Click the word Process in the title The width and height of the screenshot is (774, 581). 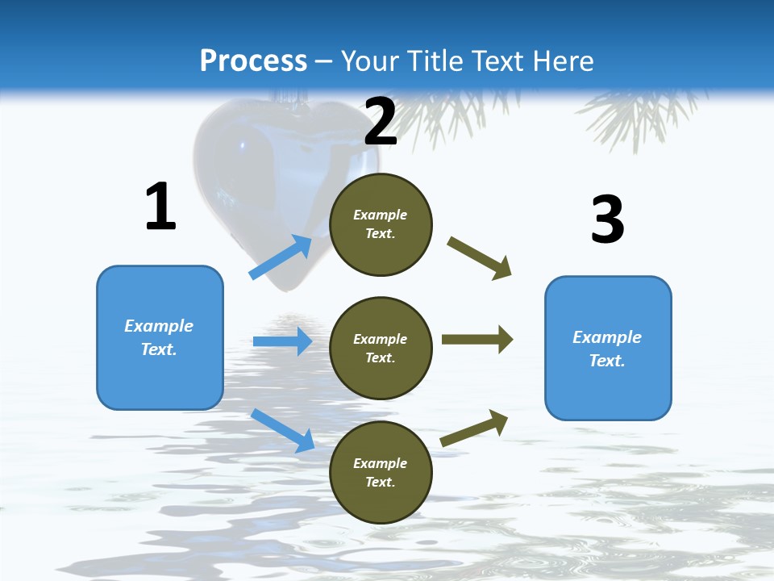click(x=253, y=61)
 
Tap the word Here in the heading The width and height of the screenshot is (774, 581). click(x=558, y=61)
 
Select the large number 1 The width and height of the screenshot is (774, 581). click(x=160, y=207)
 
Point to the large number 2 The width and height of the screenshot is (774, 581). click(x=381, y=122)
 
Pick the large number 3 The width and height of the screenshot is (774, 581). click(x=607, y=220)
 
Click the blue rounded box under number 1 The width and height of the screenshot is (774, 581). click(x=160, y=337)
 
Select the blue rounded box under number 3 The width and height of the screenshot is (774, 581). click(x=608, y=348)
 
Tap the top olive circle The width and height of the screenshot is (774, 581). click(x=381, y=224)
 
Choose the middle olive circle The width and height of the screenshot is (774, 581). click(x=381, y=348)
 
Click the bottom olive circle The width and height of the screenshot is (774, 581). click(x=381, y=472)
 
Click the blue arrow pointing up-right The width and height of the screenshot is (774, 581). click(x=281, y=257)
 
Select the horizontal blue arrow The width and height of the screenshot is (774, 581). click(x=282, y=341)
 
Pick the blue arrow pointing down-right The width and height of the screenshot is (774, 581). click(x=282, y=430)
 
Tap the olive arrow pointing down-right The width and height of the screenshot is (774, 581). click(x=480, y=257)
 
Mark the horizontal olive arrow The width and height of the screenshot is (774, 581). click(x=476, y=340)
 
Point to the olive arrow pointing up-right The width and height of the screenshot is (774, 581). click(x=474, y=428)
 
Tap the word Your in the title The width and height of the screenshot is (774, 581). click(x=369, y=61)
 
